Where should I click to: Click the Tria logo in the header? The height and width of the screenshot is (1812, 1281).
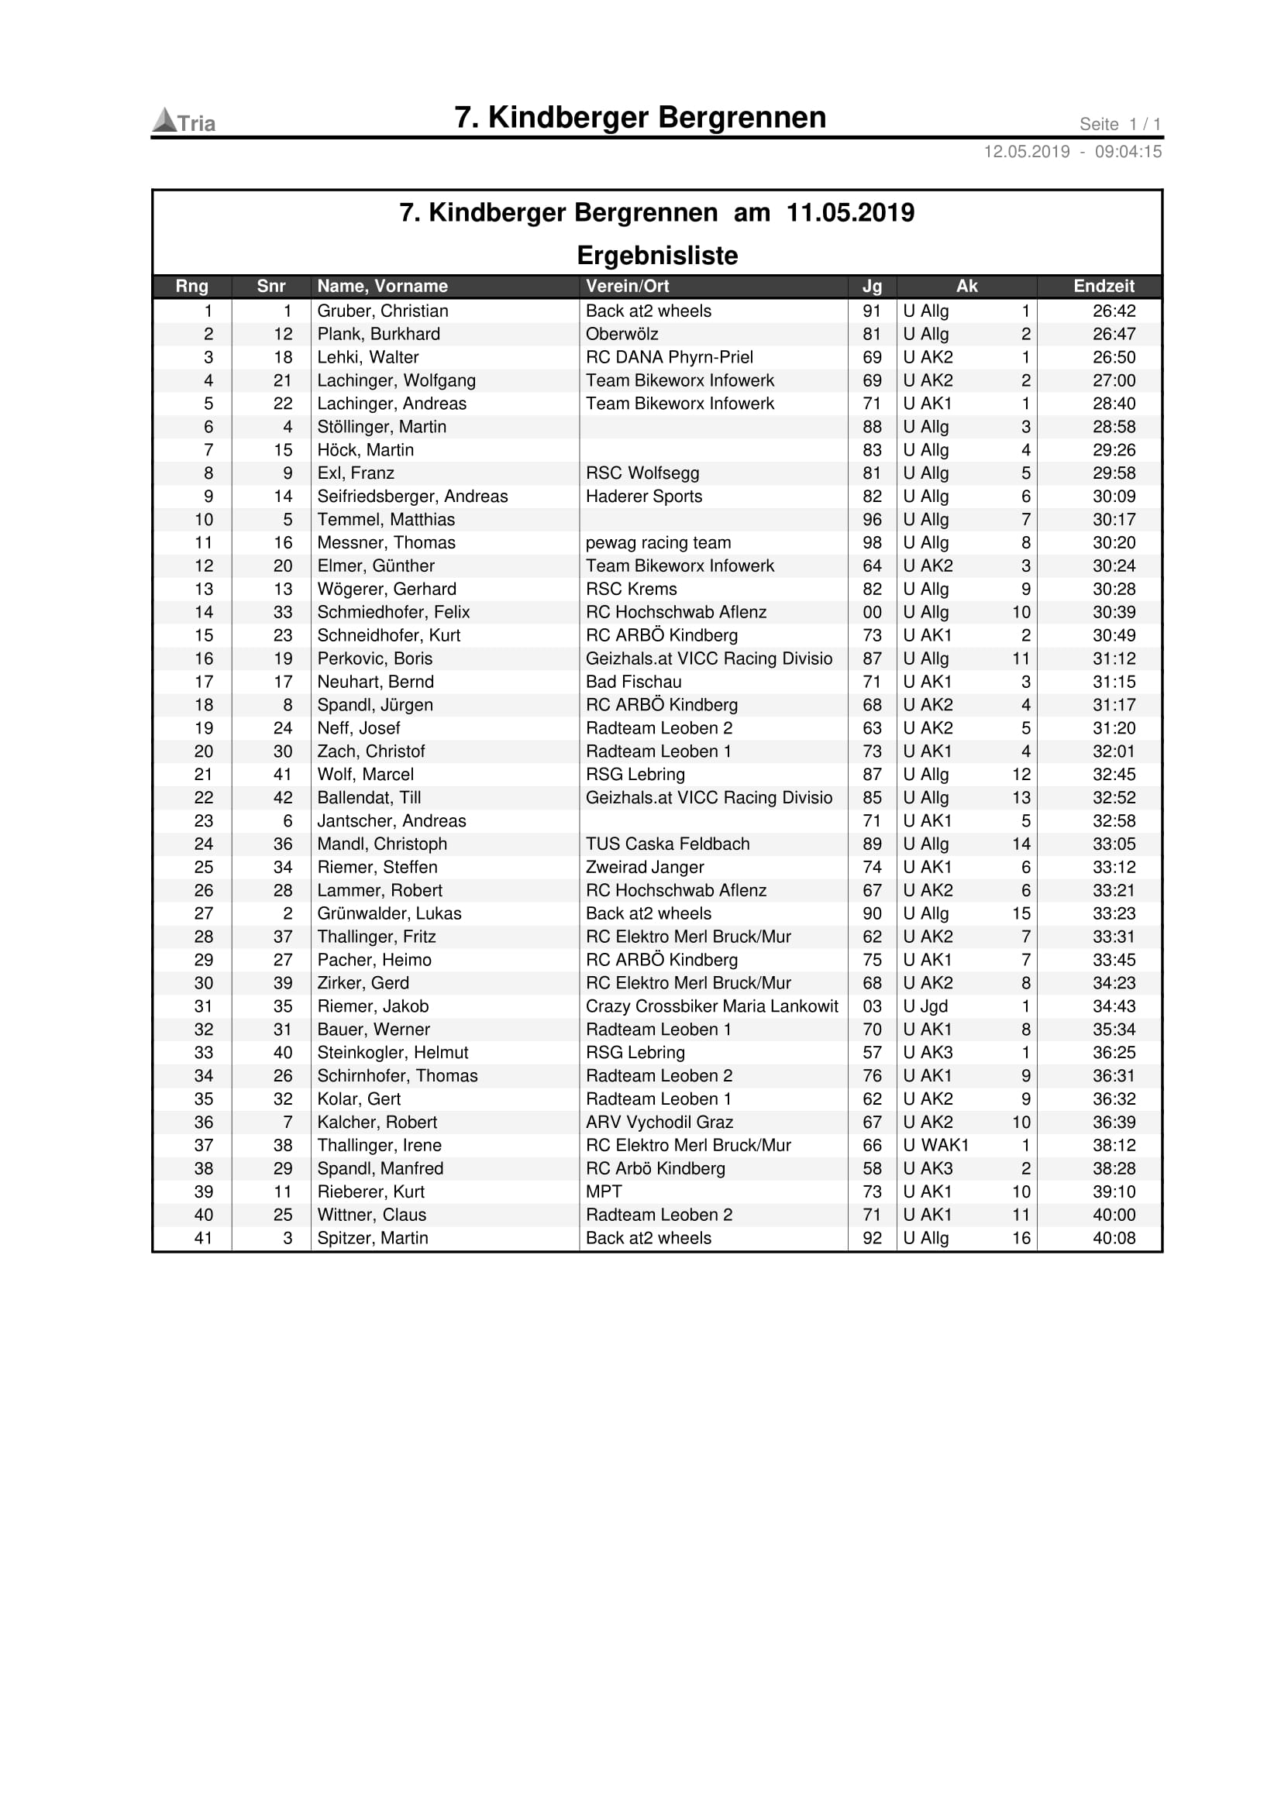183,122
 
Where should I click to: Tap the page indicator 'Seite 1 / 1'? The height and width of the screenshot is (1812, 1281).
1119,124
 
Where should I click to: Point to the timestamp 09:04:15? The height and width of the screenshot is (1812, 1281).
1128,152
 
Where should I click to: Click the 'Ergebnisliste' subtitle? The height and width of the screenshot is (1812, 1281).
656,255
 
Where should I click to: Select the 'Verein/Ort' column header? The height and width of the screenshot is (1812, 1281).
627,286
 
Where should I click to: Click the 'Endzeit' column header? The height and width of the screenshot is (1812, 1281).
1103,286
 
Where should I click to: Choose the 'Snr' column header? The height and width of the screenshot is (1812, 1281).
270,286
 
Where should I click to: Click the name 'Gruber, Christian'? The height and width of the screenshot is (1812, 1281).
382,311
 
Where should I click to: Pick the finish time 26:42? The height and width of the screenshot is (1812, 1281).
1114,311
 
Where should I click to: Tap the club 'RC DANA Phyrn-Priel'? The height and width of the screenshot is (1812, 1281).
669,357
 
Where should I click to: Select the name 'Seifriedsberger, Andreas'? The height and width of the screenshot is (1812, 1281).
412,497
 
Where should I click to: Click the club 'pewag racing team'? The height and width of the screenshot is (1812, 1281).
657,543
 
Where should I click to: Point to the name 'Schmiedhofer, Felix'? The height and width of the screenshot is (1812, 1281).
393,613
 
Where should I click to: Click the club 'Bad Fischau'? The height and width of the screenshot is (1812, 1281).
633,682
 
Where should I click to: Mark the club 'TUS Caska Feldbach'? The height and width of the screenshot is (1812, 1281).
667,844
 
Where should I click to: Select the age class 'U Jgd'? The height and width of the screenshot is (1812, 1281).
925,1006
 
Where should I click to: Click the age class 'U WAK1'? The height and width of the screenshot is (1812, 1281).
935,1145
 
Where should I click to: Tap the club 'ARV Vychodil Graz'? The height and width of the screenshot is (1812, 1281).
659,1123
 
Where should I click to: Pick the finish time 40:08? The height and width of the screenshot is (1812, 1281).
1114,1238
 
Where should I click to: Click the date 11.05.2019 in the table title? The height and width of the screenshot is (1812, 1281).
850,212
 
